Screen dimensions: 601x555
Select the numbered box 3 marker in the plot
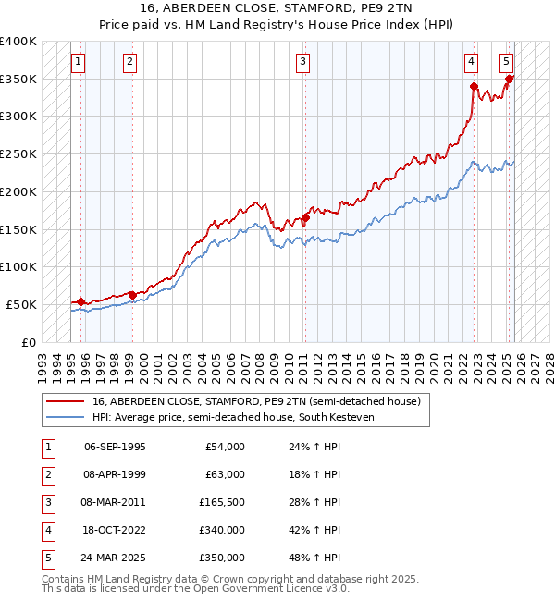[x=302, y=62]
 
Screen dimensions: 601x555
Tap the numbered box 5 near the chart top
[x=507, y=62]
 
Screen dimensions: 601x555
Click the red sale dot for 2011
[x=305, y=218]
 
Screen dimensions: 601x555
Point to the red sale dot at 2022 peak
[x=474, y=87]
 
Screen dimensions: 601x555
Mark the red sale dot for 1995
[x=81, y=301]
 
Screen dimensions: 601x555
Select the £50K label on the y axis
[x=21, y=304]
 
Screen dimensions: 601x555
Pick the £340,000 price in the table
[x=222, y=530]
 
